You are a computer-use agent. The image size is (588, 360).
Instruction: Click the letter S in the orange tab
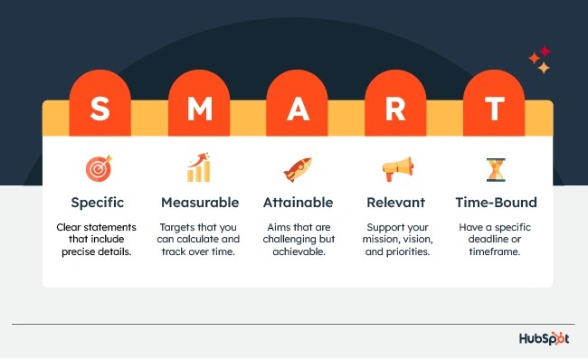(100, 110)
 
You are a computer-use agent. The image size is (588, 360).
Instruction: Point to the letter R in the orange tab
(396, 110)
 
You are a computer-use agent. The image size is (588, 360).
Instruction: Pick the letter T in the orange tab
(494, 110)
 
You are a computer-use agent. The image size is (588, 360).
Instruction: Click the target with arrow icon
(100, 169)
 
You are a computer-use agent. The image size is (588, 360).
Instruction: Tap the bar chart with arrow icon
(199, 168)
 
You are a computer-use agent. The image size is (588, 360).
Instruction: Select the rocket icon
(298, 169)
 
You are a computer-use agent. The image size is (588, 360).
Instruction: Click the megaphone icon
(396, 169)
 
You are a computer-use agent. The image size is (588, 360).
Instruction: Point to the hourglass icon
(494, 169)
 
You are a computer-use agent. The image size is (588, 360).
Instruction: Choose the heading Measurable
(199, 202)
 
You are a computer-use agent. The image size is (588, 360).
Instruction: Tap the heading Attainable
(298, 202)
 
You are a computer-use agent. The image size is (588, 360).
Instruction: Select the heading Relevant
(396, 202)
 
